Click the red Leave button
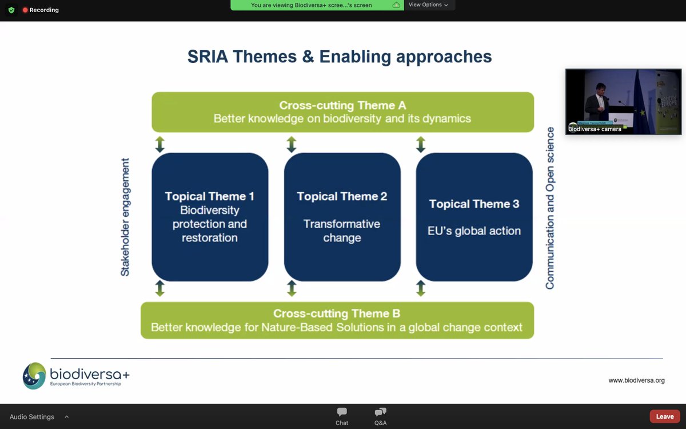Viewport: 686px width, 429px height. pos(664,416)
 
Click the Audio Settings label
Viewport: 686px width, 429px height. pos(32,417)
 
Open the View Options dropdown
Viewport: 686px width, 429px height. pos(428,5)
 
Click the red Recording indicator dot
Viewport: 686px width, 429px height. pos(25,10)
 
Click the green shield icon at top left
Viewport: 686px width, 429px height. pos(11,10)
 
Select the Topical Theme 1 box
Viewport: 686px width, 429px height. pos(210,217)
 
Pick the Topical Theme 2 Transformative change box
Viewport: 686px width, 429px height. pos(342,217)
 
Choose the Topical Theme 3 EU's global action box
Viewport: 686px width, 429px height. pos(474,217)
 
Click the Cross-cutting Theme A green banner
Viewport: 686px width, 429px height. pos(343,112)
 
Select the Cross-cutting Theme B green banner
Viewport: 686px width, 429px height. pos(337,320)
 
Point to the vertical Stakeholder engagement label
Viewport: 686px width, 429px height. pos(125,217)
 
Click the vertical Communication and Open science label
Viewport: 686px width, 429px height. pos(550,208)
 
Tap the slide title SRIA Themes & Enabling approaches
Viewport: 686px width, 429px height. pos(340,57)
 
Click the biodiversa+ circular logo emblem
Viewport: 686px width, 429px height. pos(34,376)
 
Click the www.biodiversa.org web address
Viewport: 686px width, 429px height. pos(636,380)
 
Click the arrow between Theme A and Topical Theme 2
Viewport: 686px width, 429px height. pos(292,144)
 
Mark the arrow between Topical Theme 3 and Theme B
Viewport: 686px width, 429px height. pos(421,288)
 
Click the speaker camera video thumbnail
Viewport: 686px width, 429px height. pos(623,102)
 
